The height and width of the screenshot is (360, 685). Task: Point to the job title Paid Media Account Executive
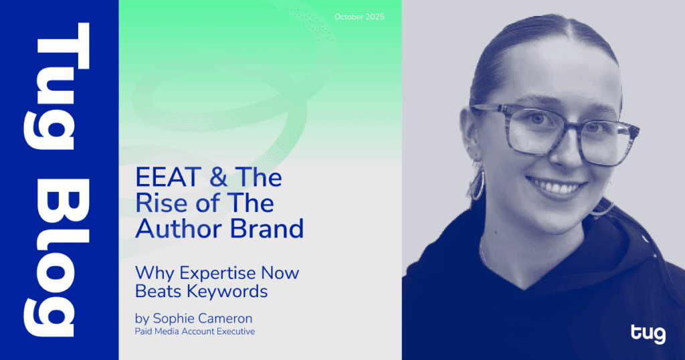pos(195,331)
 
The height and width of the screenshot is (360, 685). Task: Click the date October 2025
pos(360,17)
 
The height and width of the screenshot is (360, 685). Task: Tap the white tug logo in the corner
pos(648,333)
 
